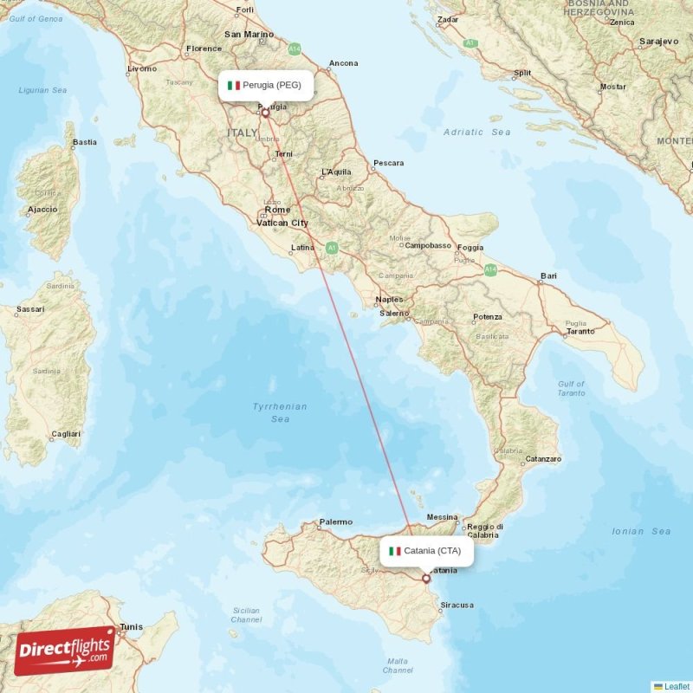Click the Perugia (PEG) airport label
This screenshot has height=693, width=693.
tap(265, 85)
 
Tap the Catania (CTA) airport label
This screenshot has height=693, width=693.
tap(426, 551)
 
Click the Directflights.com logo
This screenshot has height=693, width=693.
tap(65, 650)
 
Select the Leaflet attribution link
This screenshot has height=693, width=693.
tap(677, 686)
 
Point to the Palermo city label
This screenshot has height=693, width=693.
tap(335, 521)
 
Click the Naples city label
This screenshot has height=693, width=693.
tap(389, 300)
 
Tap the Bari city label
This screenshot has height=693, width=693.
tap(547, 276)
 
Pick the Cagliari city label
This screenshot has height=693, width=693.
tap(66, 434)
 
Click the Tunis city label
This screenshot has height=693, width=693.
tap(131, 626)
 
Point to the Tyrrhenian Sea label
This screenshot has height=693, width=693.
tap(280, 412)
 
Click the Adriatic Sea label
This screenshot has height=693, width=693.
tap(476, 132)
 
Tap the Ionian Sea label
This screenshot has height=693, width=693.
tap(641, 531)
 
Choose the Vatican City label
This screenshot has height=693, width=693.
tap(282, 223)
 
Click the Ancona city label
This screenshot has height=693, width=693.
tap(343, 63)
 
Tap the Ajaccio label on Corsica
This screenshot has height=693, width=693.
tap(42, 209)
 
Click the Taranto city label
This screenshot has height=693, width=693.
tap(580, 331)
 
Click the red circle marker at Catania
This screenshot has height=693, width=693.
tap(426, 578)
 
